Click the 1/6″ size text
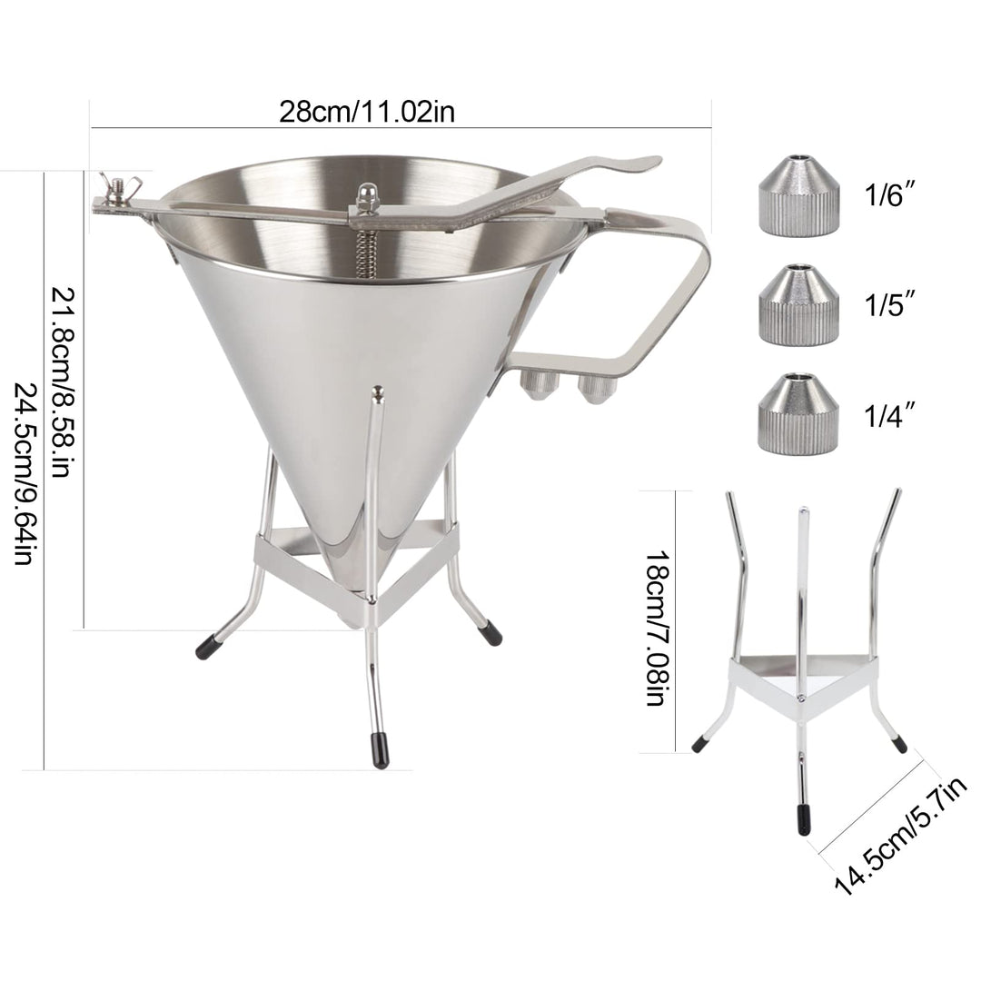[887, 194]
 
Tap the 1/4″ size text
[887, 415]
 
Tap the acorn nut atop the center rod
[367, 194]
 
